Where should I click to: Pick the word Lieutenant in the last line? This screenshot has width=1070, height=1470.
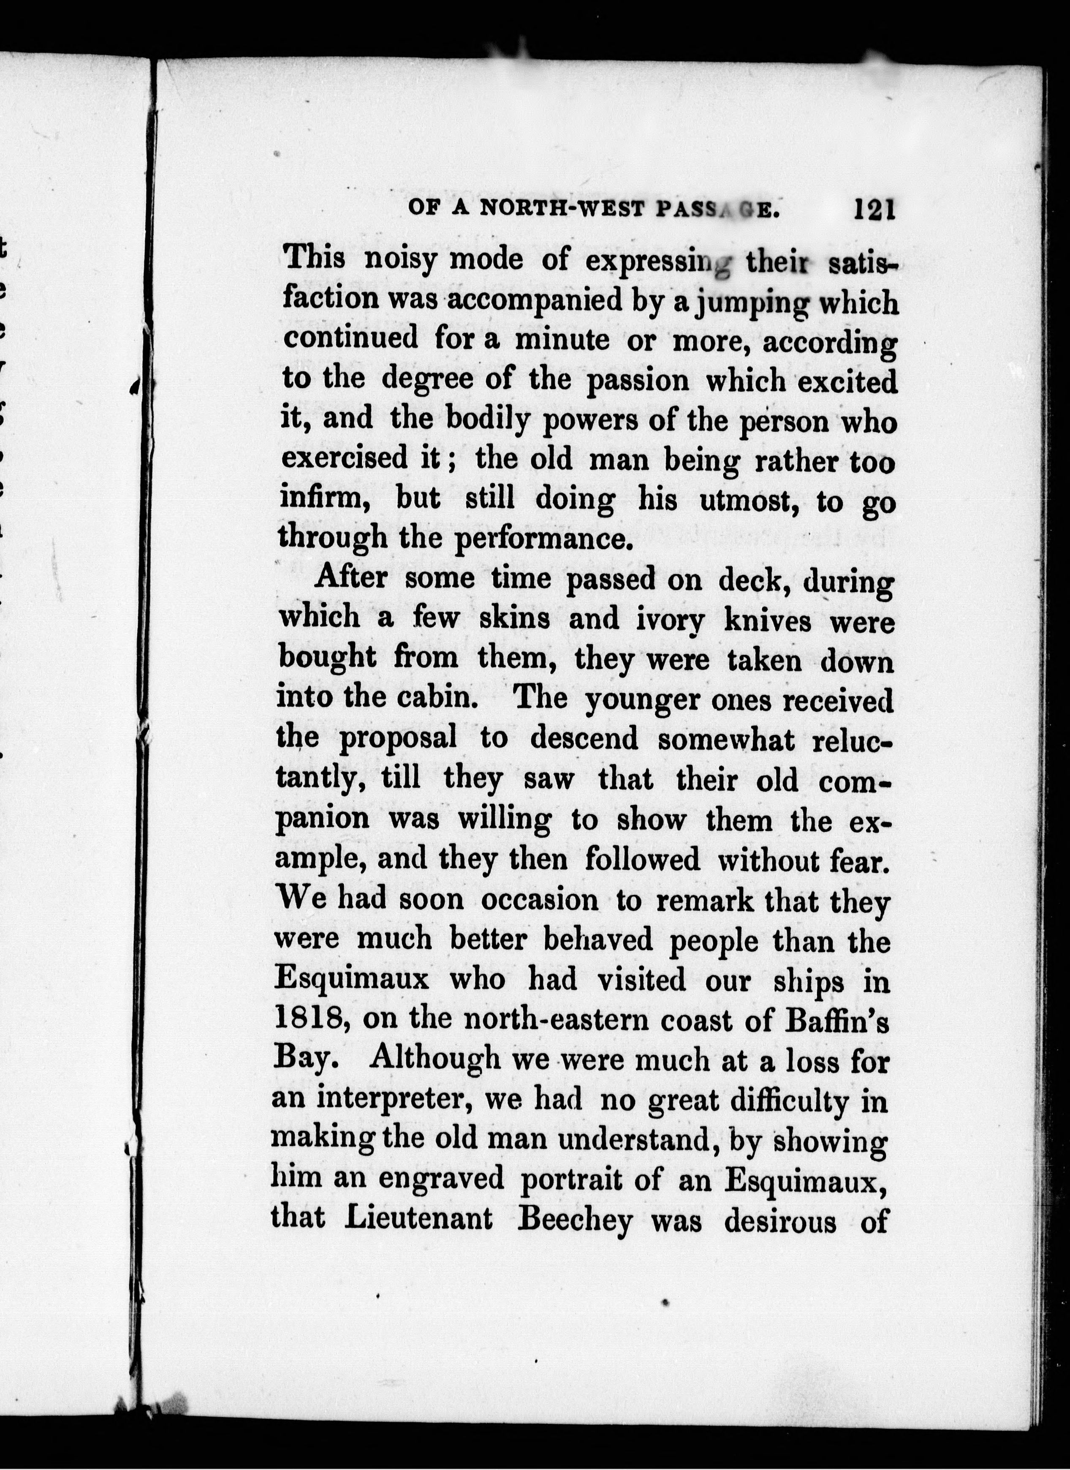pos(418,1219)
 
